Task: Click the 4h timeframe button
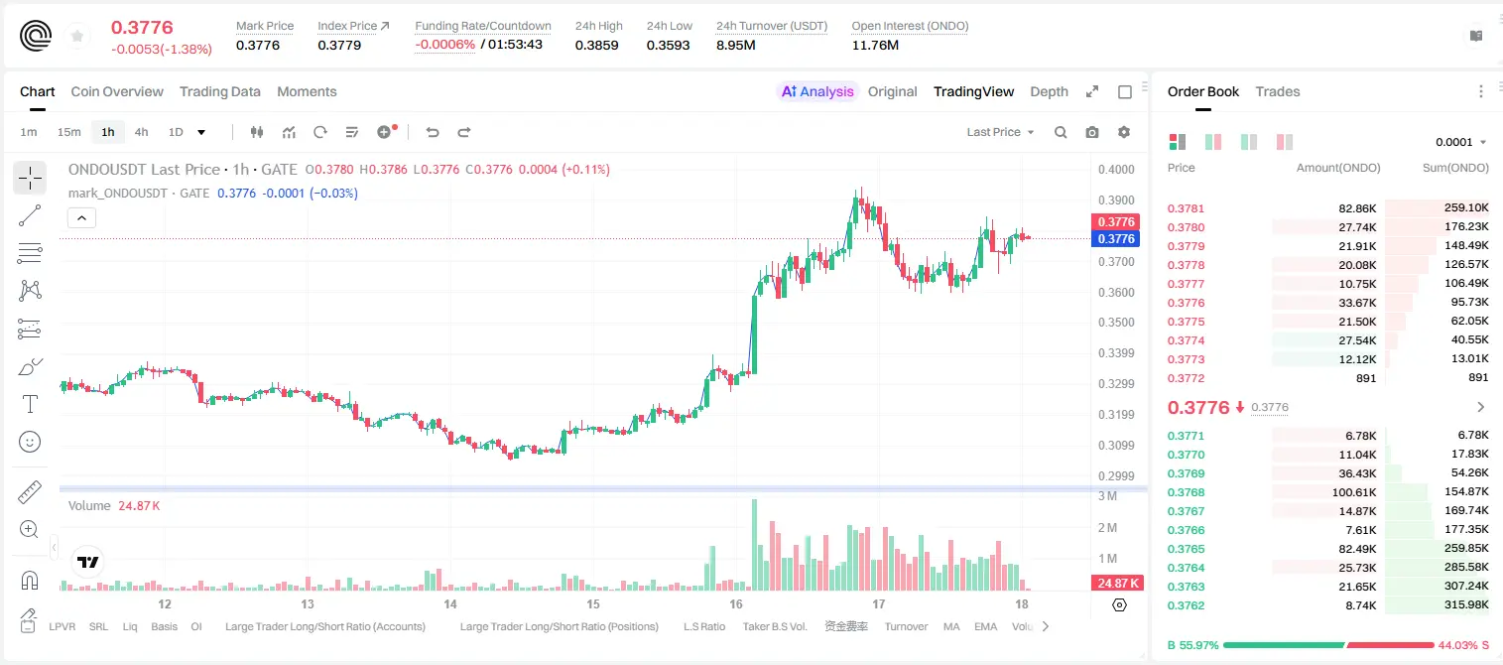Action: tap(141, 132)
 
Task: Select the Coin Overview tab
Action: tap(117, 91)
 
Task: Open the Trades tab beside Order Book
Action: tap(1277, 91)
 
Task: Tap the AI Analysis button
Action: tap(817, 91)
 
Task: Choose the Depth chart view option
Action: tap(1049, 91)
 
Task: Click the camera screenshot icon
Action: tap(1092, 132)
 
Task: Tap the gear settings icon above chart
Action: tap(1124, 132)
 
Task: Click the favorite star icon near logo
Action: tap(77, 36)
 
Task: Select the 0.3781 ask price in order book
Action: tap(1186, 208)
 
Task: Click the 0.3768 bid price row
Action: tap(1186, 492)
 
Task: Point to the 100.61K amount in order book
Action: tap(1354, 492)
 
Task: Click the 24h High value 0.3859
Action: tap(596, 45)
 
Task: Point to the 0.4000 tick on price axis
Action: tap(1116, 169)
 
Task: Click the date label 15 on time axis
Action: tap(593, 603)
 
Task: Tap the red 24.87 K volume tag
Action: tap(1117, 584)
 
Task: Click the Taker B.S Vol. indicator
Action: tap(774, 626)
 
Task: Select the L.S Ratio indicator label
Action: tap(703, 626)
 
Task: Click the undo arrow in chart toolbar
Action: tap(433, 132)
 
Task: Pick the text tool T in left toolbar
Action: tap(30, 404)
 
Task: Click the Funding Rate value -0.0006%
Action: tap(444, 45)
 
